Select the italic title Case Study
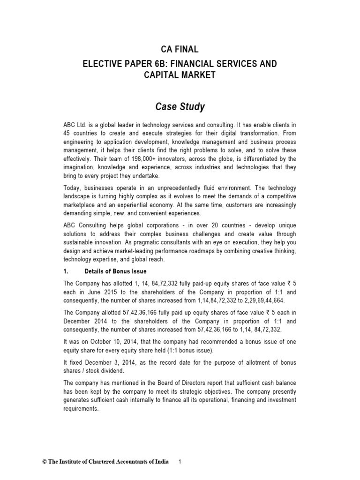pos(180,107)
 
